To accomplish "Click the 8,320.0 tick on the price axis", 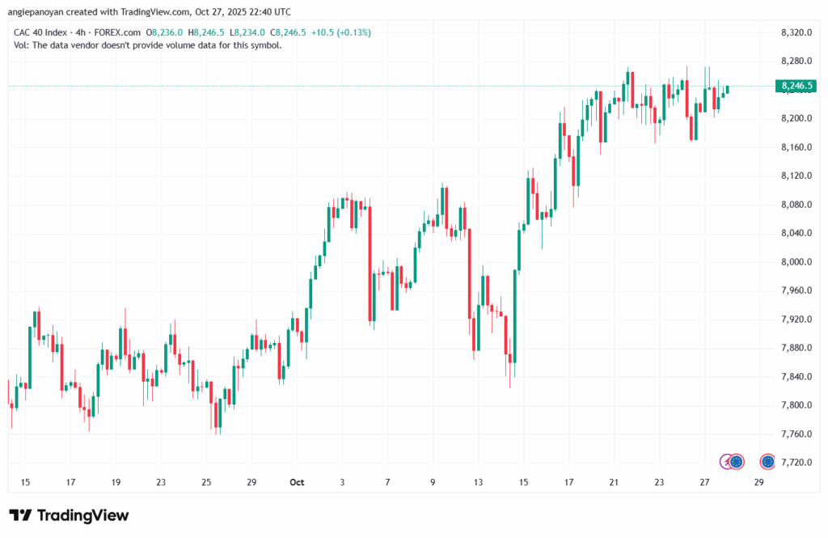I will tap(796, 32).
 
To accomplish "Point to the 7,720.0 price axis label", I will tap(796, 463).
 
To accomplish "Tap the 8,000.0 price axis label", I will tap(796, 262).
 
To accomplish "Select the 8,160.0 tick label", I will tap(796, 147).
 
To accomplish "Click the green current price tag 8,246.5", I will tap(796, 86).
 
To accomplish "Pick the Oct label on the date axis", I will tap(297, 482).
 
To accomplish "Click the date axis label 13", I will tap(479, 482).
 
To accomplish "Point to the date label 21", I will tap(614, 482).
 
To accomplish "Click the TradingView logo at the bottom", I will tap(69, 515).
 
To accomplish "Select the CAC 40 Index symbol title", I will tap(40, 32).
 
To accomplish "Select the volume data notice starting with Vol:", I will tap(148, 45).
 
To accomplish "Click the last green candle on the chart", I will tap(727, 89).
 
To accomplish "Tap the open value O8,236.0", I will tap(167, 32).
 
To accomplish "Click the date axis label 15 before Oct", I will tap(25, 482).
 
